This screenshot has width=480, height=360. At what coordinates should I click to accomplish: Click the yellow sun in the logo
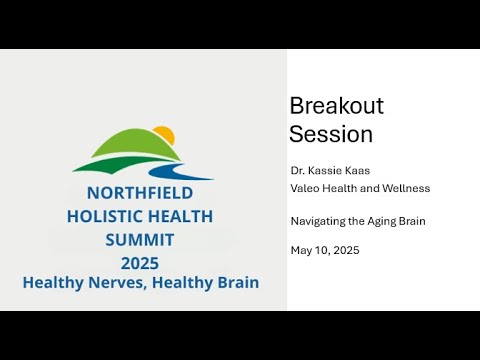click(x=164, y=135)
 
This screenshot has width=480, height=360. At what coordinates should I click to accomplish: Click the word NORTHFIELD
click(x=139, y=193)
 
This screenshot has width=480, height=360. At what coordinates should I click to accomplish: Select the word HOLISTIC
click(x=103, y=216)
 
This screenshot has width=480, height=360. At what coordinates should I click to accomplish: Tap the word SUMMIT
click(x=139, y=240)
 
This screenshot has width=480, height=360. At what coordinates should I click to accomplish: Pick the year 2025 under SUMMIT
click(x=139, y=263)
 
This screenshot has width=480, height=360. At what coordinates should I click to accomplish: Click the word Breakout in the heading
click(x=336, y=106)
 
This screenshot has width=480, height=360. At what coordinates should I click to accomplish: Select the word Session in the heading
click(x=331, y=133)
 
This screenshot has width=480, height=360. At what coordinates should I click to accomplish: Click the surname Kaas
click(x=358, y=171)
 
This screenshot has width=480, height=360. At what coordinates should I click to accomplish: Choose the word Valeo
click(x=306, y=187)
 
